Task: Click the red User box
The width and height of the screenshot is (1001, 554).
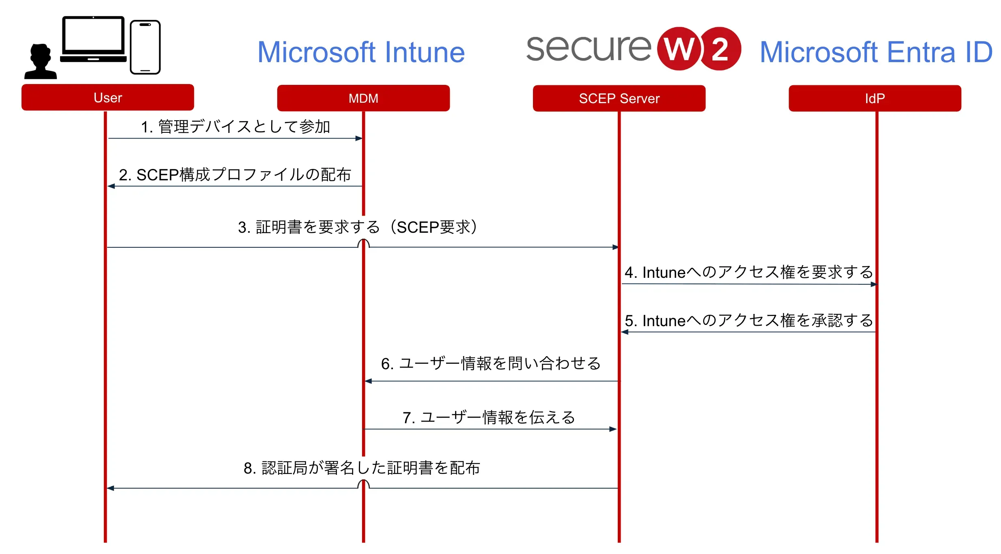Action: pos(108,97)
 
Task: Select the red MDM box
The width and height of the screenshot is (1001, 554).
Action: pos(363,98)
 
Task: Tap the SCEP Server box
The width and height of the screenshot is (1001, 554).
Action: pos(619,98)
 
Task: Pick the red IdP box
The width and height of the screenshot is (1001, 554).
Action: pos(875,98)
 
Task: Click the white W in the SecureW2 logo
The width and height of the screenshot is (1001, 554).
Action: pos(679,49)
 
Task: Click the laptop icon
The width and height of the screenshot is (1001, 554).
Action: pos(93,39)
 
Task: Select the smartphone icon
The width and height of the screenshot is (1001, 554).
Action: pos(145,47)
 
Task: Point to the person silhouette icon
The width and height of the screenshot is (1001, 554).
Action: pos(40,62)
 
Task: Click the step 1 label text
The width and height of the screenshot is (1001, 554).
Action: pos(235,127)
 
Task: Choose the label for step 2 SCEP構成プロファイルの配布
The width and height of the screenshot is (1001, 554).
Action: pos(235,175)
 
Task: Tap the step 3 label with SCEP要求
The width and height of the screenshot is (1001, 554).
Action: pos(357,227)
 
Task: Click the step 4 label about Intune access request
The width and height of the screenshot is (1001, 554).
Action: pos(749,272)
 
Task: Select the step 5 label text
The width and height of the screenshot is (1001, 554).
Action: pos(749,320)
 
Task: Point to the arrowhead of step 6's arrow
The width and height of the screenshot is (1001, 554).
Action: pos(369,381)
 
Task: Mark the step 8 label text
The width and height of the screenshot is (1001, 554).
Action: pos(362,468)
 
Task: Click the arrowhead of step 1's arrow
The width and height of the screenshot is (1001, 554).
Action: pos(359,138)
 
